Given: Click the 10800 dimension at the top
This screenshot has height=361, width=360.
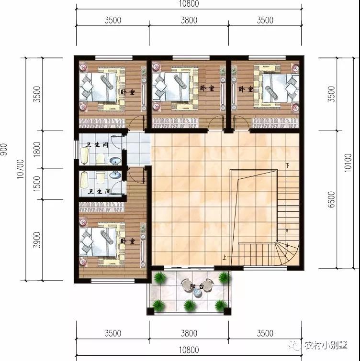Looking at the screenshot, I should coord(189,4).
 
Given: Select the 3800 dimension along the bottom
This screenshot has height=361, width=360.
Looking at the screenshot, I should coord(189,333).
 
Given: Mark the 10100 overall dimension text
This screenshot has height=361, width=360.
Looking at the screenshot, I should coord(348,163).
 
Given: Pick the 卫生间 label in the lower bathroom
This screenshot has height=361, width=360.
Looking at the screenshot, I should coord(99,192).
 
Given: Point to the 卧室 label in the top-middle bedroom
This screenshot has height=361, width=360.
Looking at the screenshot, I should coord(207,88).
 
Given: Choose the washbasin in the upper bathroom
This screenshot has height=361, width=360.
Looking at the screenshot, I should coord(115,160).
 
